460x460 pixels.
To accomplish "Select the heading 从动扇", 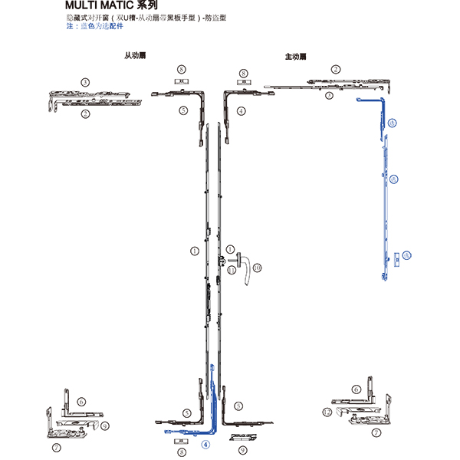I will (x=133, y=57).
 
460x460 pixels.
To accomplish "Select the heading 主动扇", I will (x=295, y=57).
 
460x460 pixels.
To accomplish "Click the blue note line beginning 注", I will (x=94, y=26).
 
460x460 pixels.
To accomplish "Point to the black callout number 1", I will (x=195, y=251).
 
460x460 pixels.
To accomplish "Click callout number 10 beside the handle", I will (x=258, y=267).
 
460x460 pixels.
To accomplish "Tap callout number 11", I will (x=231, y=269).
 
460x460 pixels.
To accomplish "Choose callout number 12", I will (x=327, y=412).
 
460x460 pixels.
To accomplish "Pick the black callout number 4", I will (x=241, y=111).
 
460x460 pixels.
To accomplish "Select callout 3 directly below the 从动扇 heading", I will (x=85, y=82).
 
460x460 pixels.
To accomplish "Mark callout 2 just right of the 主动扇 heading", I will (x=335, y=70).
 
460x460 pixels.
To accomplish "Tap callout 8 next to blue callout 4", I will (x=181, y=453).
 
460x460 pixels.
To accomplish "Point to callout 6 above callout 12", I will (x=356, y=389).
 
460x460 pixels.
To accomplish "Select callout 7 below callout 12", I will (x=376, y=433).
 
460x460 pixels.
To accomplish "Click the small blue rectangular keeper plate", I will (x=397, y=258).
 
